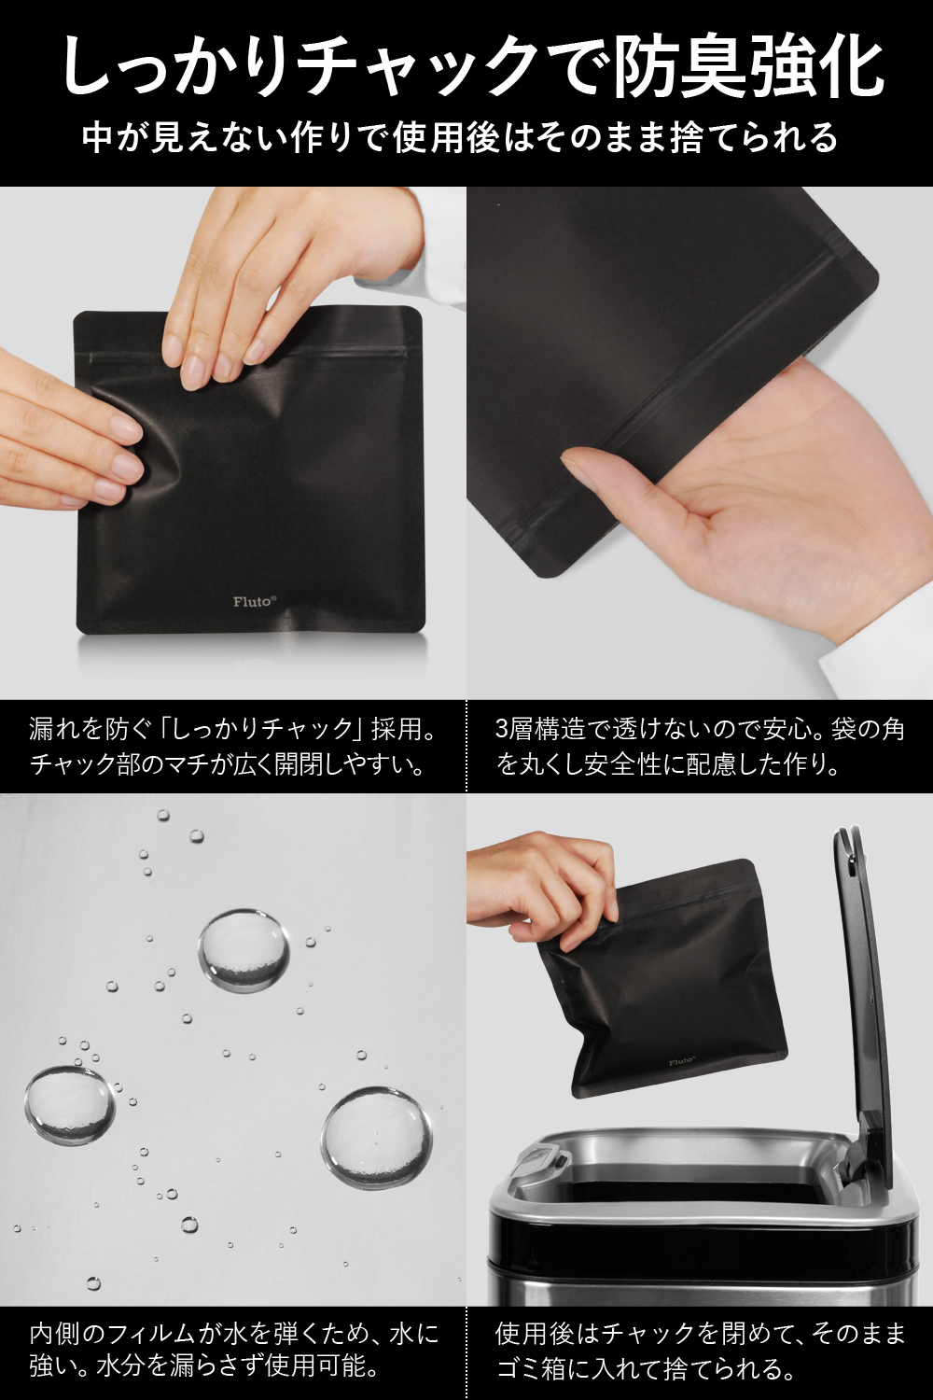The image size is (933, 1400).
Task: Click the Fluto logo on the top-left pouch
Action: click(x=255, y=601)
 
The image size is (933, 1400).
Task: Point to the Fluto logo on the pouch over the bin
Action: click(x=680, y=1061)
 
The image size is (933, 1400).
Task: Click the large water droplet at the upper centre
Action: click(x=244, y=951)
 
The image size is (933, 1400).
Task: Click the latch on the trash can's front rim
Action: click(x=538, y=1163)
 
